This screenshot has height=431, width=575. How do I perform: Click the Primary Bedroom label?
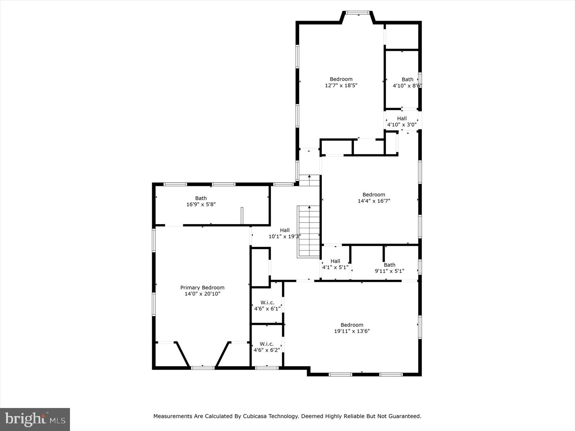click(x=202, y=288)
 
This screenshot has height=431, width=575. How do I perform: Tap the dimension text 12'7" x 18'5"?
click(x=341, y=86)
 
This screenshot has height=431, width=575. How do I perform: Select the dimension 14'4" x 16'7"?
click(x=374, y=201)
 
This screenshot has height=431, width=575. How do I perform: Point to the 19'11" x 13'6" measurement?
click(x=352, y=331)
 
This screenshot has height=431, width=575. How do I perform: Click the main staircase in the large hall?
click(x=309, y=232)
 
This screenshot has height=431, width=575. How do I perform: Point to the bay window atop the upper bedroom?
click(x=358, y=13)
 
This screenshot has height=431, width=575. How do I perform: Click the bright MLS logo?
click(x=35, y=419)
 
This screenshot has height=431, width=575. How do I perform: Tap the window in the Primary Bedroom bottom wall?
click(x=203, y=368)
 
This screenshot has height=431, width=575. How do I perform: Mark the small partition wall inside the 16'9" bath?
click(x=242, y=215)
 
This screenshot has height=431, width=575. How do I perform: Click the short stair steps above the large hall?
click(x=309, y=180)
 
